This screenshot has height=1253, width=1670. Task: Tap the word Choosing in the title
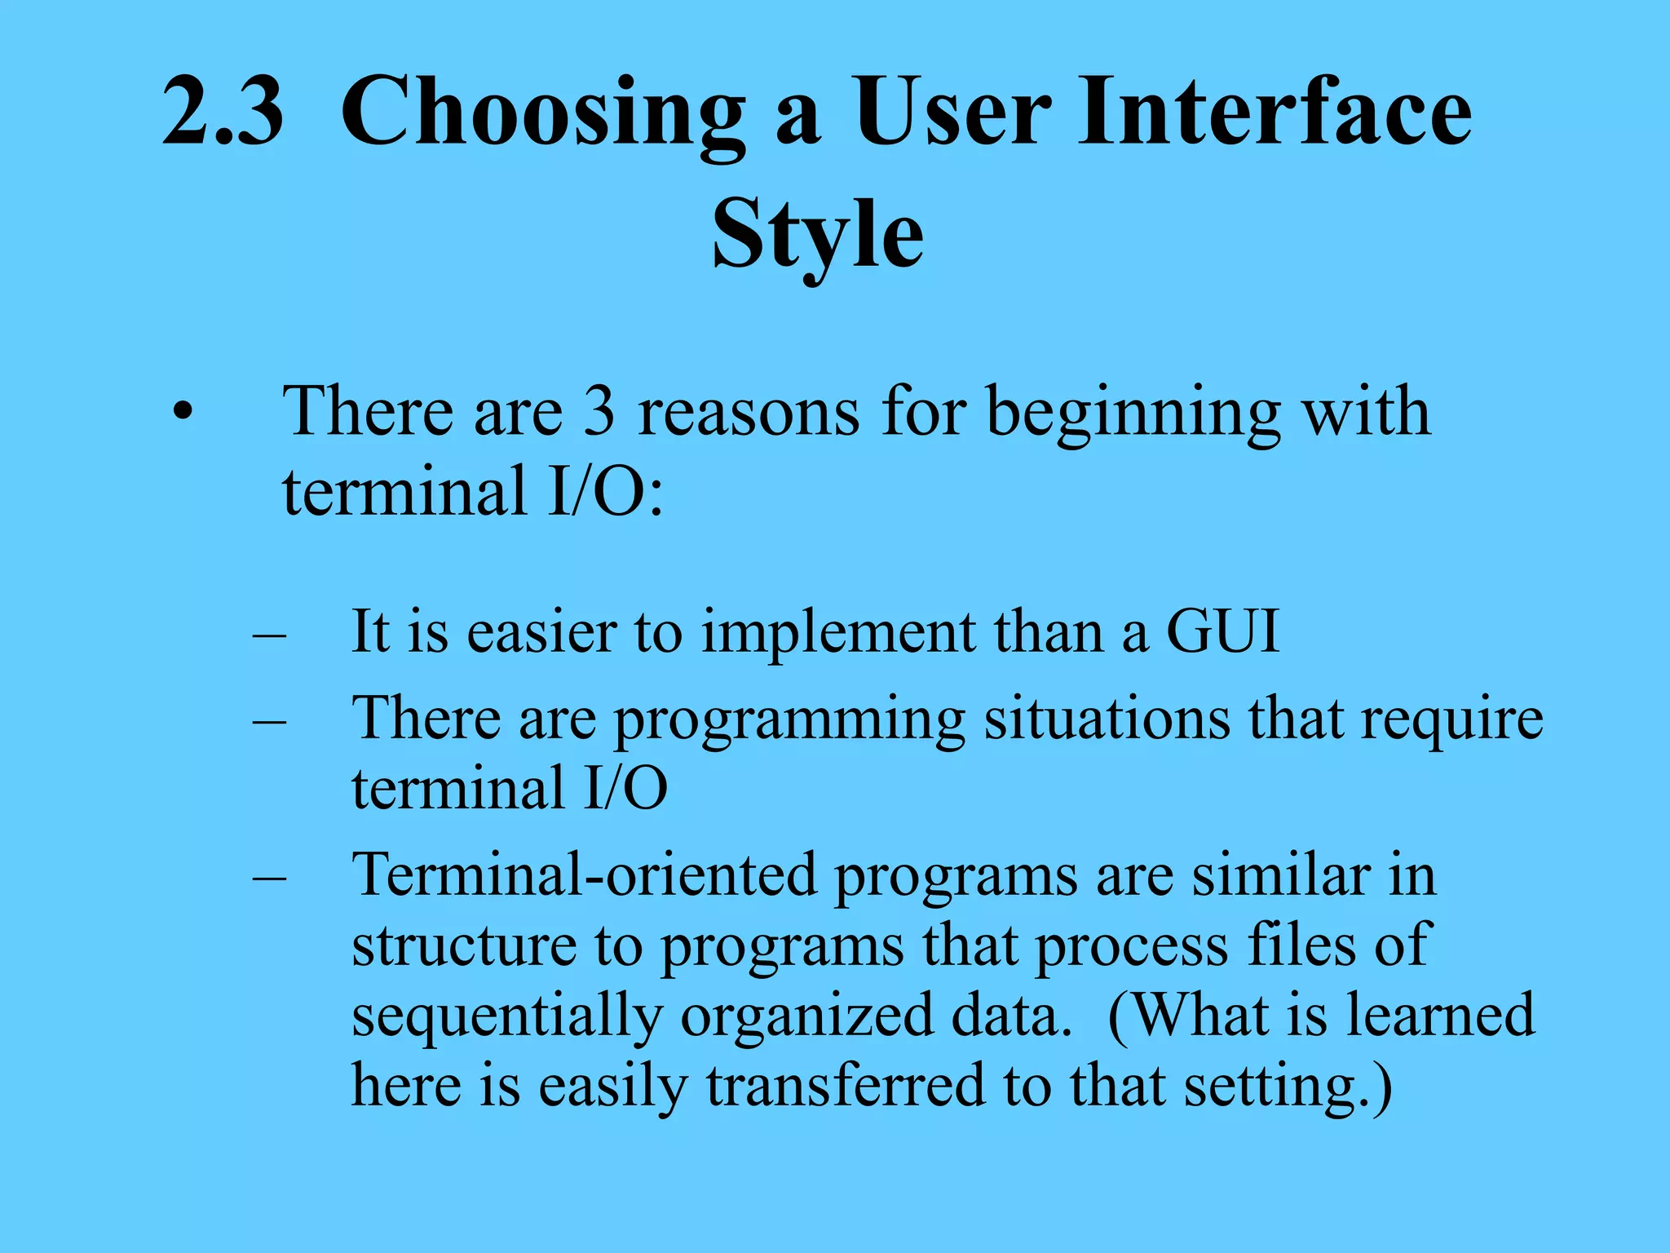[x=543, y=114]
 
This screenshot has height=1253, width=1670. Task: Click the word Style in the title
[x=818, y=237]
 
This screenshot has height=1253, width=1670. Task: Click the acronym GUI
[x=1222, y=631]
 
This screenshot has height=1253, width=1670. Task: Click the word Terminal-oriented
[x=584, y=875]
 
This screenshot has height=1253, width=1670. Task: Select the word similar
[x=1281, y=875]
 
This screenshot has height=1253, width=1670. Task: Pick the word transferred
[x=846, y=1087]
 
